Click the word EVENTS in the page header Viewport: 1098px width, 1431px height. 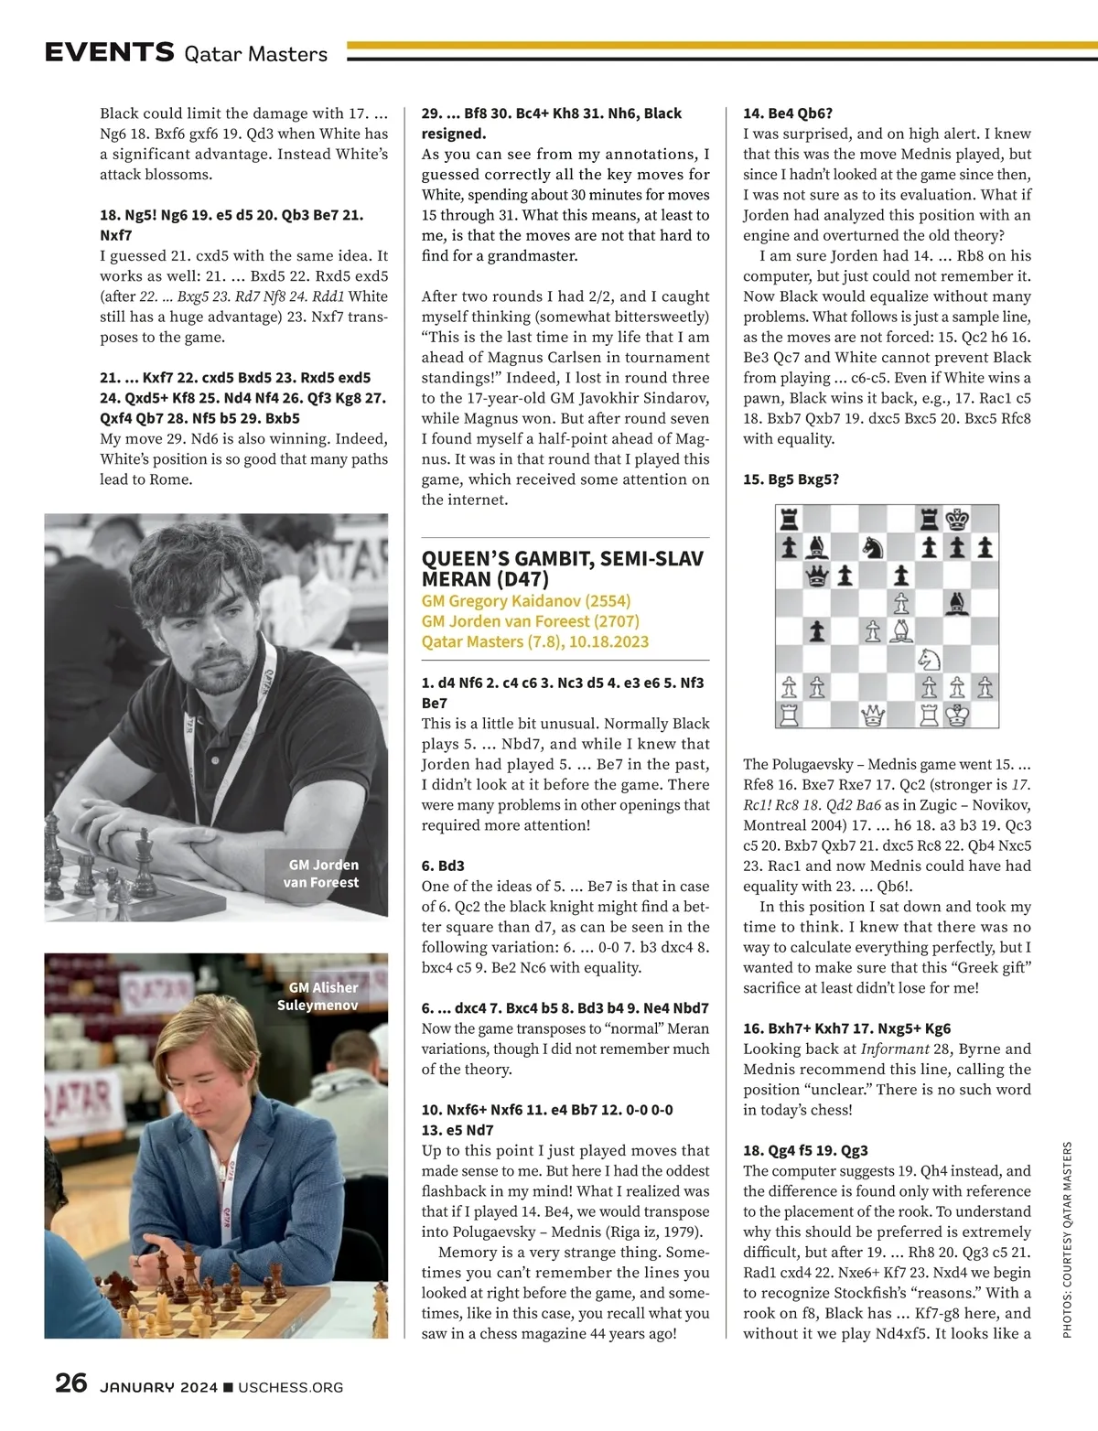[x=109, y=52]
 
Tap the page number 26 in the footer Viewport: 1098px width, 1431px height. [x=70, y=1383]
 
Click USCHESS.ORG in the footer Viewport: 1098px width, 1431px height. [x=290, y=1387]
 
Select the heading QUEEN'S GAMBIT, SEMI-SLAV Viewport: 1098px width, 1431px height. [x=562, y=558]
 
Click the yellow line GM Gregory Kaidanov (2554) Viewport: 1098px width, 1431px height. [x=525, y=601]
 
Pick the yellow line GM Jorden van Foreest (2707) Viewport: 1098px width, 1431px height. [x=530, y=621]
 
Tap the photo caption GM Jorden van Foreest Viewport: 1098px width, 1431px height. [x=322, y=874]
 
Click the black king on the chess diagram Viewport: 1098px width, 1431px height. [x=957, y=520]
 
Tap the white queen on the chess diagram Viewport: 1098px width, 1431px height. [x=873, y=715]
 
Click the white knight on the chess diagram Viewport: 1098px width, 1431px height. [x=930, y=659]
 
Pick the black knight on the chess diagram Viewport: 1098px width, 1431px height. [x=873, y=548]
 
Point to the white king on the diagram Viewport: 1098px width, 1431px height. [x=957, y=715]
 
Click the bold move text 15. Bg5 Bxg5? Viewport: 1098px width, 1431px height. [x=791, y=479]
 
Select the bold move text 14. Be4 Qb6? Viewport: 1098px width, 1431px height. [x=788, y=113]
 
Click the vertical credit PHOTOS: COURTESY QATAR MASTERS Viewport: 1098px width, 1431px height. [x=1067, y=1240]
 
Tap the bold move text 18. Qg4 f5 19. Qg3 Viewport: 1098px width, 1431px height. [x=805, y=1150]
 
